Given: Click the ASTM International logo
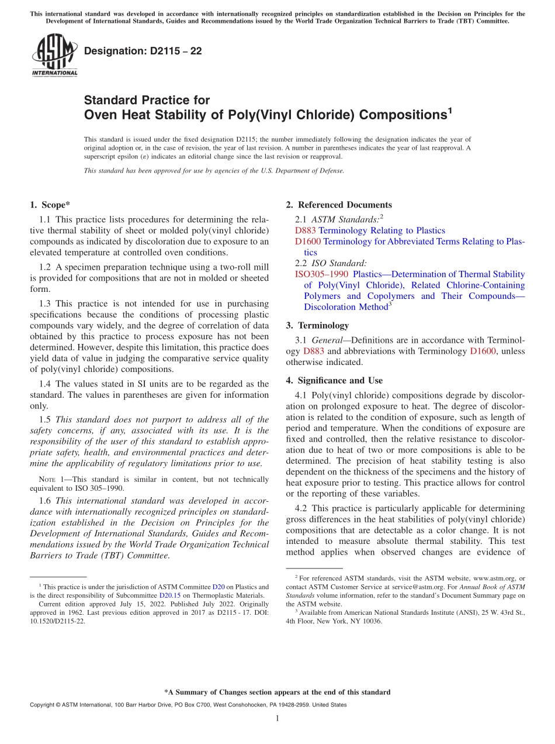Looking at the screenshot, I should pyautogui.click(x=54, y=55).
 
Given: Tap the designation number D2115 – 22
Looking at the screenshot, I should pyautogui.click(x=143, y=51).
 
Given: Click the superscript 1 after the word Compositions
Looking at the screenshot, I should pyautogui.click(x=450, y=109).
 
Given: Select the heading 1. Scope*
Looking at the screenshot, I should pyautogui.click(x=50, y=205).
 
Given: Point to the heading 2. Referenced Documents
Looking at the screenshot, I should pyautogui.click(x=339, y=205).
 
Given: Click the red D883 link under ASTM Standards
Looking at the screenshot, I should pyautogui.click(x=306, y=230).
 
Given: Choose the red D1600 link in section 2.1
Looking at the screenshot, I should pyautogui.click(x=308, y=241).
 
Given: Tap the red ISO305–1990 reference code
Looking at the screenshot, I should pyautogui.click(x=321, y=274).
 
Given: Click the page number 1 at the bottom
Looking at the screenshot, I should pyautogui.click(x=277, y=718).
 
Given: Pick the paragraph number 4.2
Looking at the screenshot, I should pyautogui.click(x=302, y=508).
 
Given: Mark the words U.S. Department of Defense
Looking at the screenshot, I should pyautogui.click(x=304, y=171).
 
